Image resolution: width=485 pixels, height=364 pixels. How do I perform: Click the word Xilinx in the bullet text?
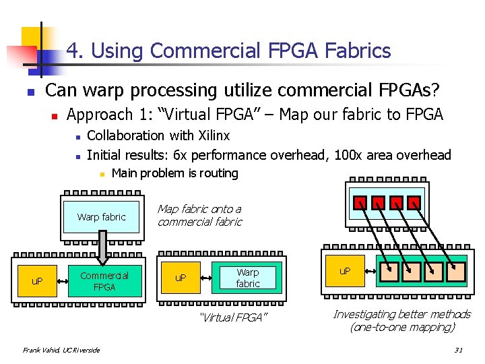click(209, 135)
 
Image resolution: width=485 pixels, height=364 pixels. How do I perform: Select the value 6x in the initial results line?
click(181, 155)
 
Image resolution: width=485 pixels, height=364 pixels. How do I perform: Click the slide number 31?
click(459, 350)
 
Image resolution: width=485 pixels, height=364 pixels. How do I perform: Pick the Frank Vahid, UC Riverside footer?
click(61, 350)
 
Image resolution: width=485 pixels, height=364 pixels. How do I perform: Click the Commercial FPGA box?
click(104, 281)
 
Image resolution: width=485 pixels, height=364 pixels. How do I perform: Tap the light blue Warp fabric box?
click(101, 217)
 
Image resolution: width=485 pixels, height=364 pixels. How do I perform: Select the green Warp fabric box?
click(247, 278)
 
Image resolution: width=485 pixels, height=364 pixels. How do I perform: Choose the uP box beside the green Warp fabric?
click(181, 278)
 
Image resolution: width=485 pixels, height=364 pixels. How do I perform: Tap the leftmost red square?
click(362, 202)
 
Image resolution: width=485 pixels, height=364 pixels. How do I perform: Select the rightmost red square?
click(415, 202)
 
